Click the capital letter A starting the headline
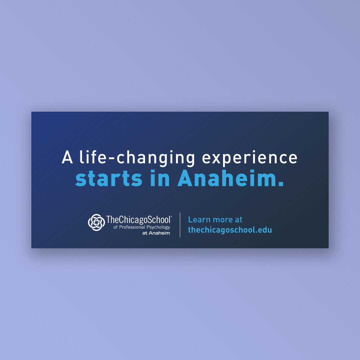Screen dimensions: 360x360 67,157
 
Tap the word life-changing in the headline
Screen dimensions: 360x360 137,158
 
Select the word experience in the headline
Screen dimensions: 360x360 250,158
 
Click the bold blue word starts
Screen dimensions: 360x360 109,178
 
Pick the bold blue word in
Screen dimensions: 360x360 160,178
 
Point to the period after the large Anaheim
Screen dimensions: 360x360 281,183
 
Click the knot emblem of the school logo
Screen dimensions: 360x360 96,222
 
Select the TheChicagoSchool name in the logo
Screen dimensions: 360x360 138,220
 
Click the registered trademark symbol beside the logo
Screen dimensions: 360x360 172,216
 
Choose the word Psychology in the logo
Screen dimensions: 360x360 158,227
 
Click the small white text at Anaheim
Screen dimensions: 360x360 156,233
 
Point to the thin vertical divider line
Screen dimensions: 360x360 180,225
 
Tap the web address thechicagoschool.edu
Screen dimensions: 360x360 230,230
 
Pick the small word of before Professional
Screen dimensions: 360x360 115,227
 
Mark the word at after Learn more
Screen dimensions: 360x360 239,220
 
